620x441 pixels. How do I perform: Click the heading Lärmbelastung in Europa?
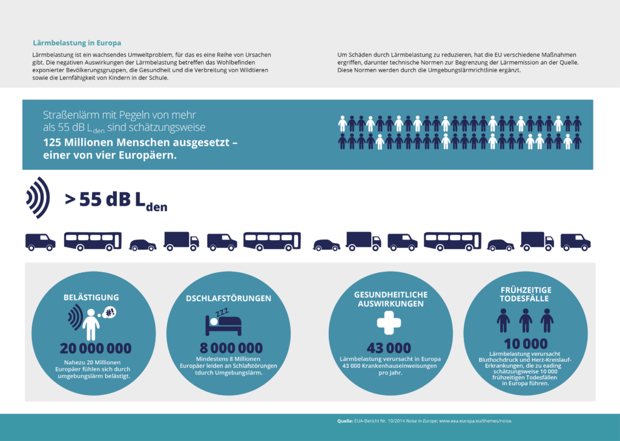(x=76, y=43)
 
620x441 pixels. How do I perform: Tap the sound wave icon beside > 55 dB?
(x=38, y=198)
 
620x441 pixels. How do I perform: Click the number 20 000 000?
(x=95, y=348)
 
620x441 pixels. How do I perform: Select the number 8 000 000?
(x=231, y=348)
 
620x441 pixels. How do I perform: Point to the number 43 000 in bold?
(x=389, y=348)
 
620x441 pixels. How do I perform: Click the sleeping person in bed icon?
(x=222, y=324)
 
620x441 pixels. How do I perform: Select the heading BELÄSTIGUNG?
(x=91, y=298)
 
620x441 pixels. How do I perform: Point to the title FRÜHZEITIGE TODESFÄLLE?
(x=525, y=294)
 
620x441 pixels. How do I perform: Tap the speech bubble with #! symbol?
(x=110, y=312)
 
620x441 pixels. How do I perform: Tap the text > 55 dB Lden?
(x=115, y=200)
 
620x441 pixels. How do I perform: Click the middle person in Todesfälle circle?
(x=526, y=320)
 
